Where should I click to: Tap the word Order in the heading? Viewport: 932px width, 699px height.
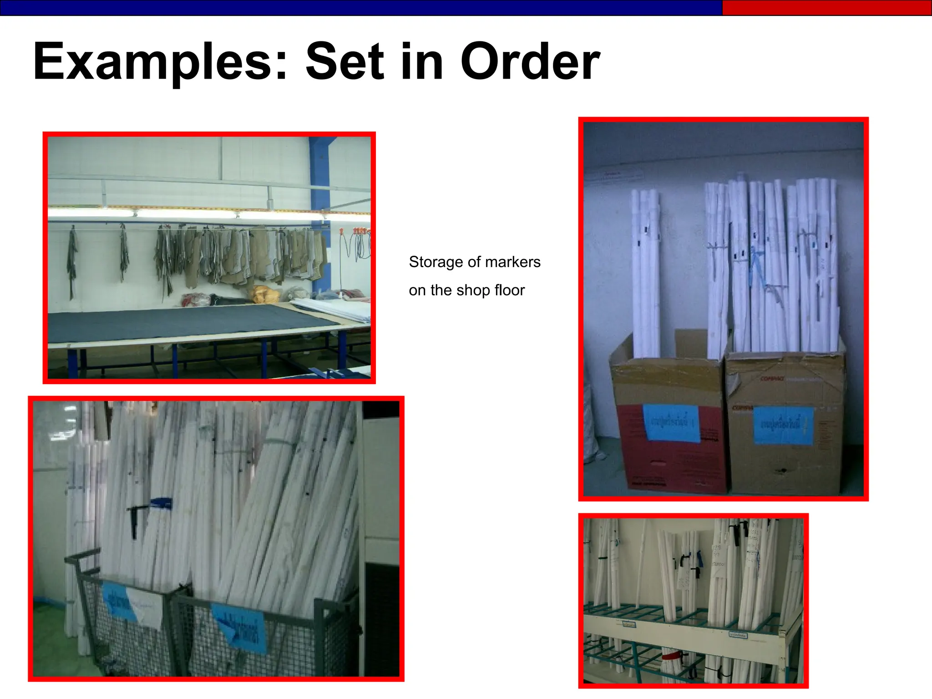pos(530,61)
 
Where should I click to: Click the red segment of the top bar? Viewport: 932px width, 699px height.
pos(826,8)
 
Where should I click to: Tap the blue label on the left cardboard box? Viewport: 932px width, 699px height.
pos(671,423)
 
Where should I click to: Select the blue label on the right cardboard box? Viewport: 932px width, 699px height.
pos(783,425)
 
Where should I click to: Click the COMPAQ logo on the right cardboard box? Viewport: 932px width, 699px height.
pos(772,379)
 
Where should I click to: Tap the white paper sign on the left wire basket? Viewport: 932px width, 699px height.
pos(145,607)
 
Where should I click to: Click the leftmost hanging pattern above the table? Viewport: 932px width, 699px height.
pos(72,262)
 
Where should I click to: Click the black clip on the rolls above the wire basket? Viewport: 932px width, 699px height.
pos(135,521)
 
